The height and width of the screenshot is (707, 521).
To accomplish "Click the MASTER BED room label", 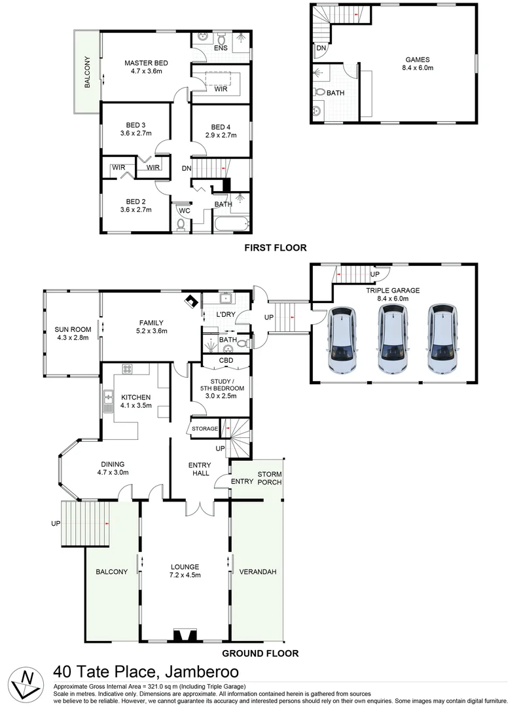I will click(x=147, y=63).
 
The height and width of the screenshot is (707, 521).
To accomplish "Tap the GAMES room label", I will click(x=416, y=60).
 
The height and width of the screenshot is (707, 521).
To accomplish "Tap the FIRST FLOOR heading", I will click(x=275, y=247).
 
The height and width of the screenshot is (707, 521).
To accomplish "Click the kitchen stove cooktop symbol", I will click(x=127, y=370).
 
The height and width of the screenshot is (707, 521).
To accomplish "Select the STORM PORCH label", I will click(x=269, y=478).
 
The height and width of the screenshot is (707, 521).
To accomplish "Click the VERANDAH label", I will click(x=257, y=571).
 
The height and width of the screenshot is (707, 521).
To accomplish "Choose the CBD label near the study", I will click(x=217, y=361).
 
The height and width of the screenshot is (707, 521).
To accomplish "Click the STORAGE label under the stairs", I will click(x=204, y=429).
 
